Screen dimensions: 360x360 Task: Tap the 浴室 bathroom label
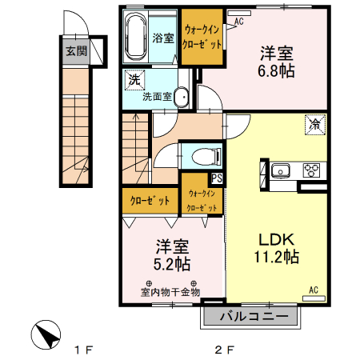(x=164, y=38)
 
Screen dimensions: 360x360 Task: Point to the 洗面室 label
(x=157, y=97)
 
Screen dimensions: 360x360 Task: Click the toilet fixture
(x=195, y=154)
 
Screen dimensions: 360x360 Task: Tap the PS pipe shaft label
(x=217, y=178)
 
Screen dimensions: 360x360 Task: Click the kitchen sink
(x=282, y=170)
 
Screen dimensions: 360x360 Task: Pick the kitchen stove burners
(x=311, y=170)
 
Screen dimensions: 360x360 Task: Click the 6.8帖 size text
(x=276, y=72)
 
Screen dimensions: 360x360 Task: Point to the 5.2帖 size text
(x=172, y=262)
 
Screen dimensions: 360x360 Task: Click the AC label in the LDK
(x=314, y=290)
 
